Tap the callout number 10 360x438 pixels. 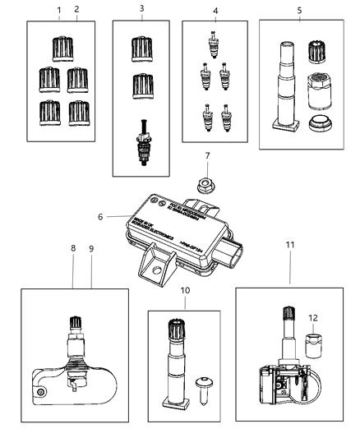185,291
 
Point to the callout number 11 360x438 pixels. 288,266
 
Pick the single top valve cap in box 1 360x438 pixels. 62,47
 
